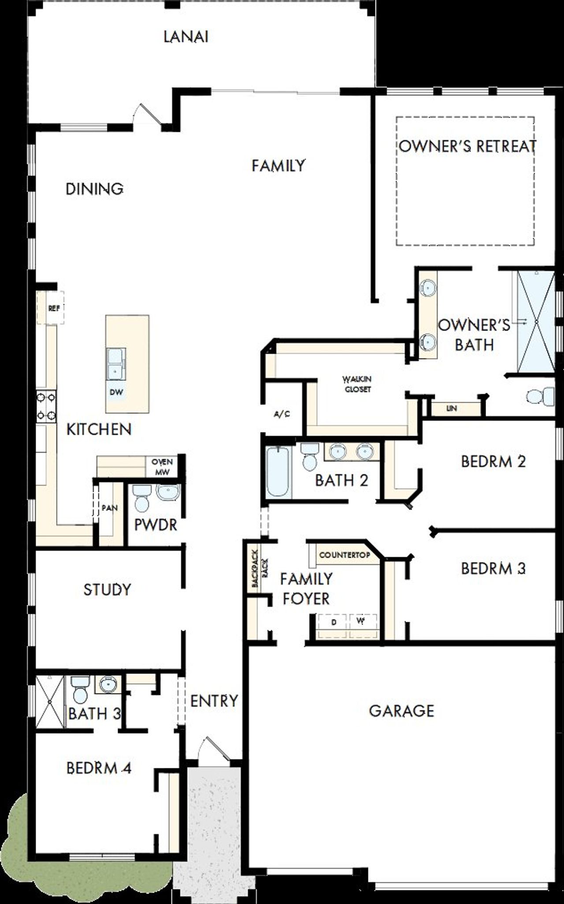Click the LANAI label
coord(186,37)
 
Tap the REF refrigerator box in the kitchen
coord(54,308)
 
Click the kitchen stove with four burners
coord(46,406)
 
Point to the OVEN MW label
coord(162,467)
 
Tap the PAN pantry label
coord(109,508)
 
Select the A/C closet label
coord(282,415)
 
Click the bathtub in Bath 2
coord(278,472)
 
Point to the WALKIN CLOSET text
coord(358,384)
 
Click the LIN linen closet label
coord(451,408)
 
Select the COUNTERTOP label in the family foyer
coord(345,555)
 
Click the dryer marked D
coord(334,622)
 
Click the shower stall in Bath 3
coord(49,701)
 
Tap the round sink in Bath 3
coord(107,685)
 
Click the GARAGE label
coord(401,711)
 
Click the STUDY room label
coord(107,589)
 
